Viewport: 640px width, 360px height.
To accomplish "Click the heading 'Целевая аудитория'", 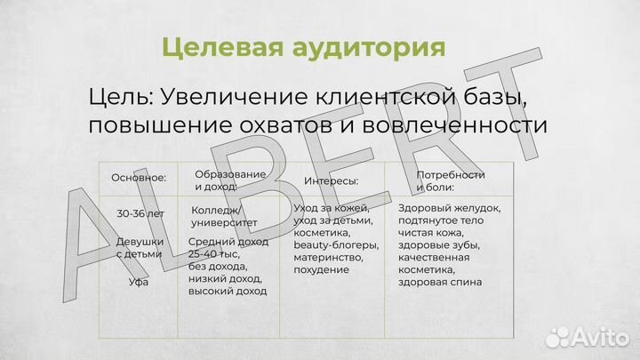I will (305, 46).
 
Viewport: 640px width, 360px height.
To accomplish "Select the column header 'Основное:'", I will (139, 177).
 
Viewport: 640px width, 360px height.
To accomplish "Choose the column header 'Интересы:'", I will (332, 180).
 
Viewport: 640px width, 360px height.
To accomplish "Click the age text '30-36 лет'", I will (140, 213).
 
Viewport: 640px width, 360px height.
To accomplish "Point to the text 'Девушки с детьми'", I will (139, 247).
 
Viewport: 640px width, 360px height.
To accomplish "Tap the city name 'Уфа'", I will (139, 282).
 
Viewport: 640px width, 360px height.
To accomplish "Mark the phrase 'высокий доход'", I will (228, 290).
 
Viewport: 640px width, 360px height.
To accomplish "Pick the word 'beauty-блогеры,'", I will (335, 244).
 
